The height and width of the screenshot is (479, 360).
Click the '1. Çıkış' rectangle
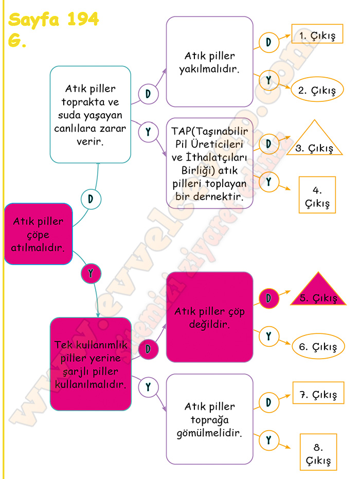pos(317,34)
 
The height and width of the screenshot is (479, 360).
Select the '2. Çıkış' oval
pos(317,89)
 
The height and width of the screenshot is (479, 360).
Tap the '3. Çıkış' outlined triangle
pos(315,137)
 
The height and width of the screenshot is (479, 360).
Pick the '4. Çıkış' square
pos(317,195)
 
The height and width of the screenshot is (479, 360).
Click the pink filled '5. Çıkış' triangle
pos(318,289)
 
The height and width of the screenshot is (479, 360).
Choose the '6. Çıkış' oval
pos(318,346)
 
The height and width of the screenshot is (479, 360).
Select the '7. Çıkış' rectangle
pos(318,393)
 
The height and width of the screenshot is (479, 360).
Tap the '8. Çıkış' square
pos(318,452)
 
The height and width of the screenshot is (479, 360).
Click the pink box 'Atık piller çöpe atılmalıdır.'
pos(38,234)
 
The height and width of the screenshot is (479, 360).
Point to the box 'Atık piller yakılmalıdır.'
pos(209,62)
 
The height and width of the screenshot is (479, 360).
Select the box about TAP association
pos(209,164)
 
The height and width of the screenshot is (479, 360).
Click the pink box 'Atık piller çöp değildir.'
pos(209,317)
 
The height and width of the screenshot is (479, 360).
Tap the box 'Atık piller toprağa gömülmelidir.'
pos(209,419)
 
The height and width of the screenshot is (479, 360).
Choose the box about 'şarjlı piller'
pos(91,364)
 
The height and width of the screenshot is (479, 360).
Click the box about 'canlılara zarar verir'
pos(91,115)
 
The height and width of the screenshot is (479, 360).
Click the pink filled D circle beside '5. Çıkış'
pos(268,298)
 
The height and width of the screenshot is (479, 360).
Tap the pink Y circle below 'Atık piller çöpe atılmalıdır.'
pos(91,273)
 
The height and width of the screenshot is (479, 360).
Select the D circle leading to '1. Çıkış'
pos(268,43)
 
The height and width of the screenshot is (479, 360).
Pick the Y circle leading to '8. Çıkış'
pos(268,440)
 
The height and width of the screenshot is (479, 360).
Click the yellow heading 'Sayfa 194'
pos(53,19)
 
